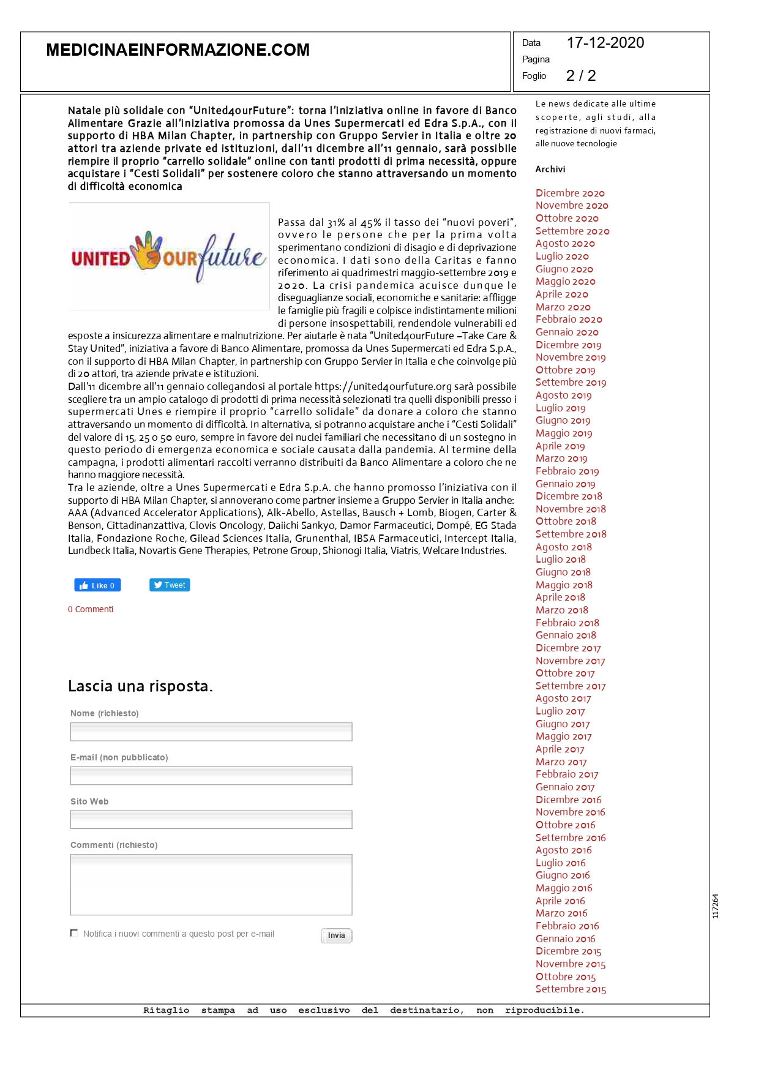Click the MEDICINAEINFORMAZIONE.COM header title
[x=178, y=50]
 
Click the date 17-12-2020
[x=605, y=43]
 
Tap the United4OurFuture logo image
[x=169, y=257]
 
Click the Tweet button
[x=170, y=585]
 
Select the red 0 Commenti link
[x=91, y=610]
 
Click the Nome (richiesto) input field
[x=211, y=732]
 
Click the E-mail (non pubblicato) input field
[x=211, y=776]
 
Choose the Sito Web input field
[x=211, y=820]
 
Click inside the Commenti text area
[x=211, y=885]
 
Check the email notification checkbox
[x=74, y=933]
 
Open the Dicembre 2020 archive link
[x=570, y=193]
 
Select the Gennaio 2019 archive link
[x=565, y=484]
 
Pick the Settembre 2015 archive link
[x=571, y=989]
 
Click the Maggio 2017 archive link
[x=563, y=737]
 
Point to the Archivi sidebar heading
[x=550, y=170]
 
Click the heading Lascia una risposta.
[x=140, y=686]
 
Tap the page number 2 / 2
[x=580, y=76]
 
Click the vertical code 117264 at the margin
[x=715, y=906]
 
